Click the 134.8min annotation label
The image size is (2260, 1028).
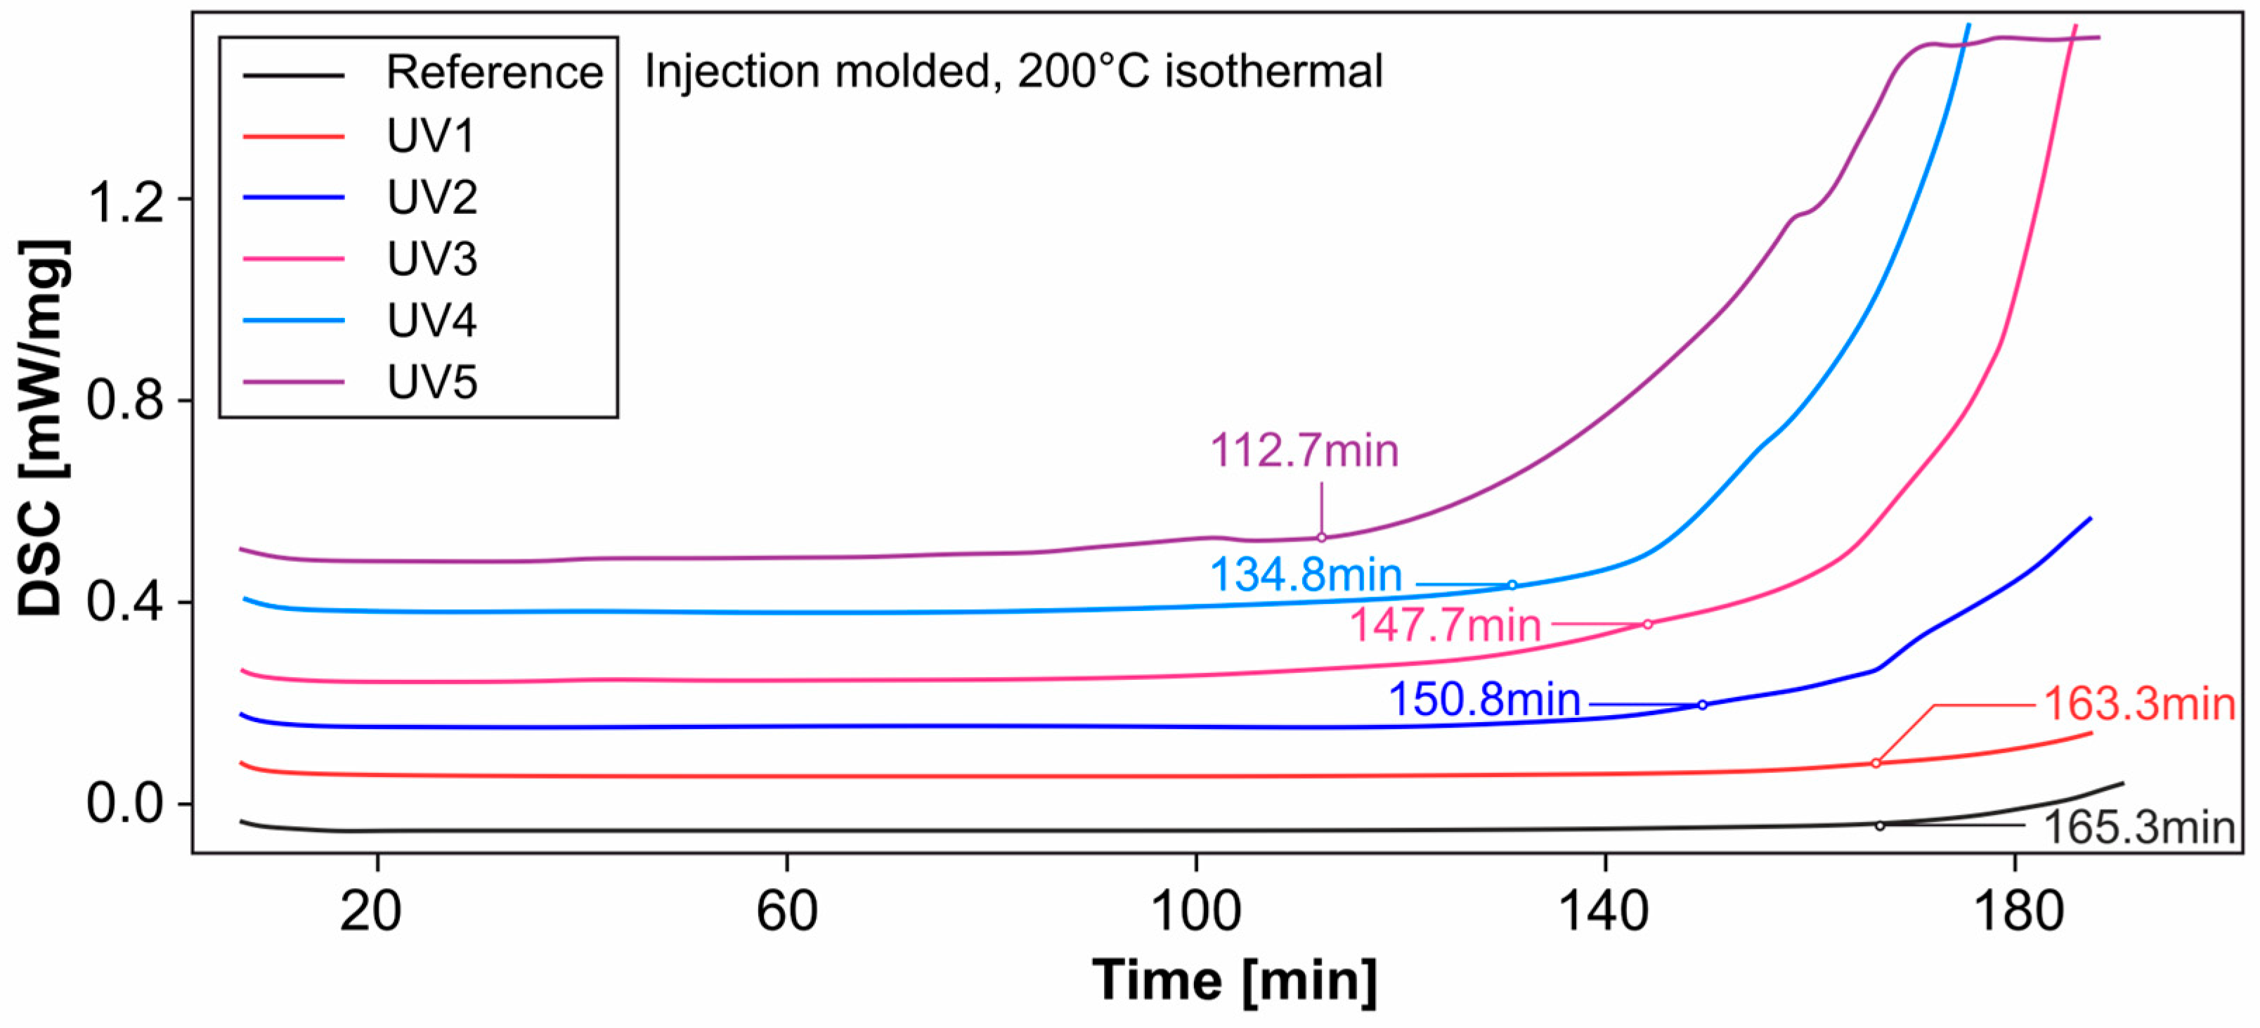(x=1306, y=576)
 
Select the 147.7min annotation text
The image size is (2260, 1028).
(x=1445, y=626)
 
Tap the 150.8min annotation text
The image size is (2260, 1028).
(x=1484, y=700)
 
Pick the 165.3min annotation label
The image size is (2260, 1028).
(x=2139, y=828)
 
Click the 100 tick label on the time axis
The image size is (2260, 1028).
(x=1196, y=912)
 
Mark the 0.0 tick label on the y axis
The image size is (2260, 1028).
(x=126, y=803)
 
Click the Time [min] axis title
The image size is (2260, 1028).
(x=1235, y=981)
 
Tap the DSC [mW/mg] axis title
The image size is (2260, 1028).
(x=42, y=428)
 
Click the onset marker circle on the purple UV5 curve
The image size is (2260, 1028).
(x=1321, y=538)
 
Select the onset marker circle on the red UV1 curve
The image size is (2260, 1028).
(x=1876, y=764)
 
